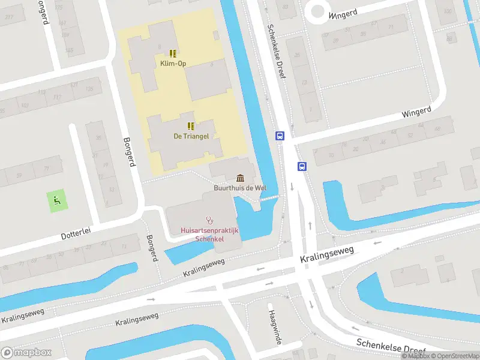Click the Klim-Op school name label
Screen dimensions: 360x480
173,63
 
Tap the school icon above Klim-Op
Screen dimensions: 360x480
173,53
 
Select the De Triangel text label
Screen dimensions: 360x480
191,136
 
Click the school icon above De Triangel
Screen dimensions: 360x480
191,126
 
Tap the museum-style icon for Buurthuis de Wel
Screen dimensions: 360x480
241,178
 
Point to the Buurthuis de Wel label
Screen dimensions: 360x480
240,188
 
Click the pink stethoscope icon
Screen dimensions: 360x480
210,220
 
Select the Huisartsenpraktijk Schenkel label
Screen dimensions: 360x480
210,235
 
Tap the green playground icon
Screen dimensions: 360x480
57,200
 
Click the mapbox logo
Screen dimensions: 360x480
26,353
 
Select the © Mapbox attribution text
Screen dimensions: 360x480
416,356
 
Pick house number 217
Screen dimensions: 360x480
9,17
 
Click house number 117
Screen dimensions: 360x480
58,97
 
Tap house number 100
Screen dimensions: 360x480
447,12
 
